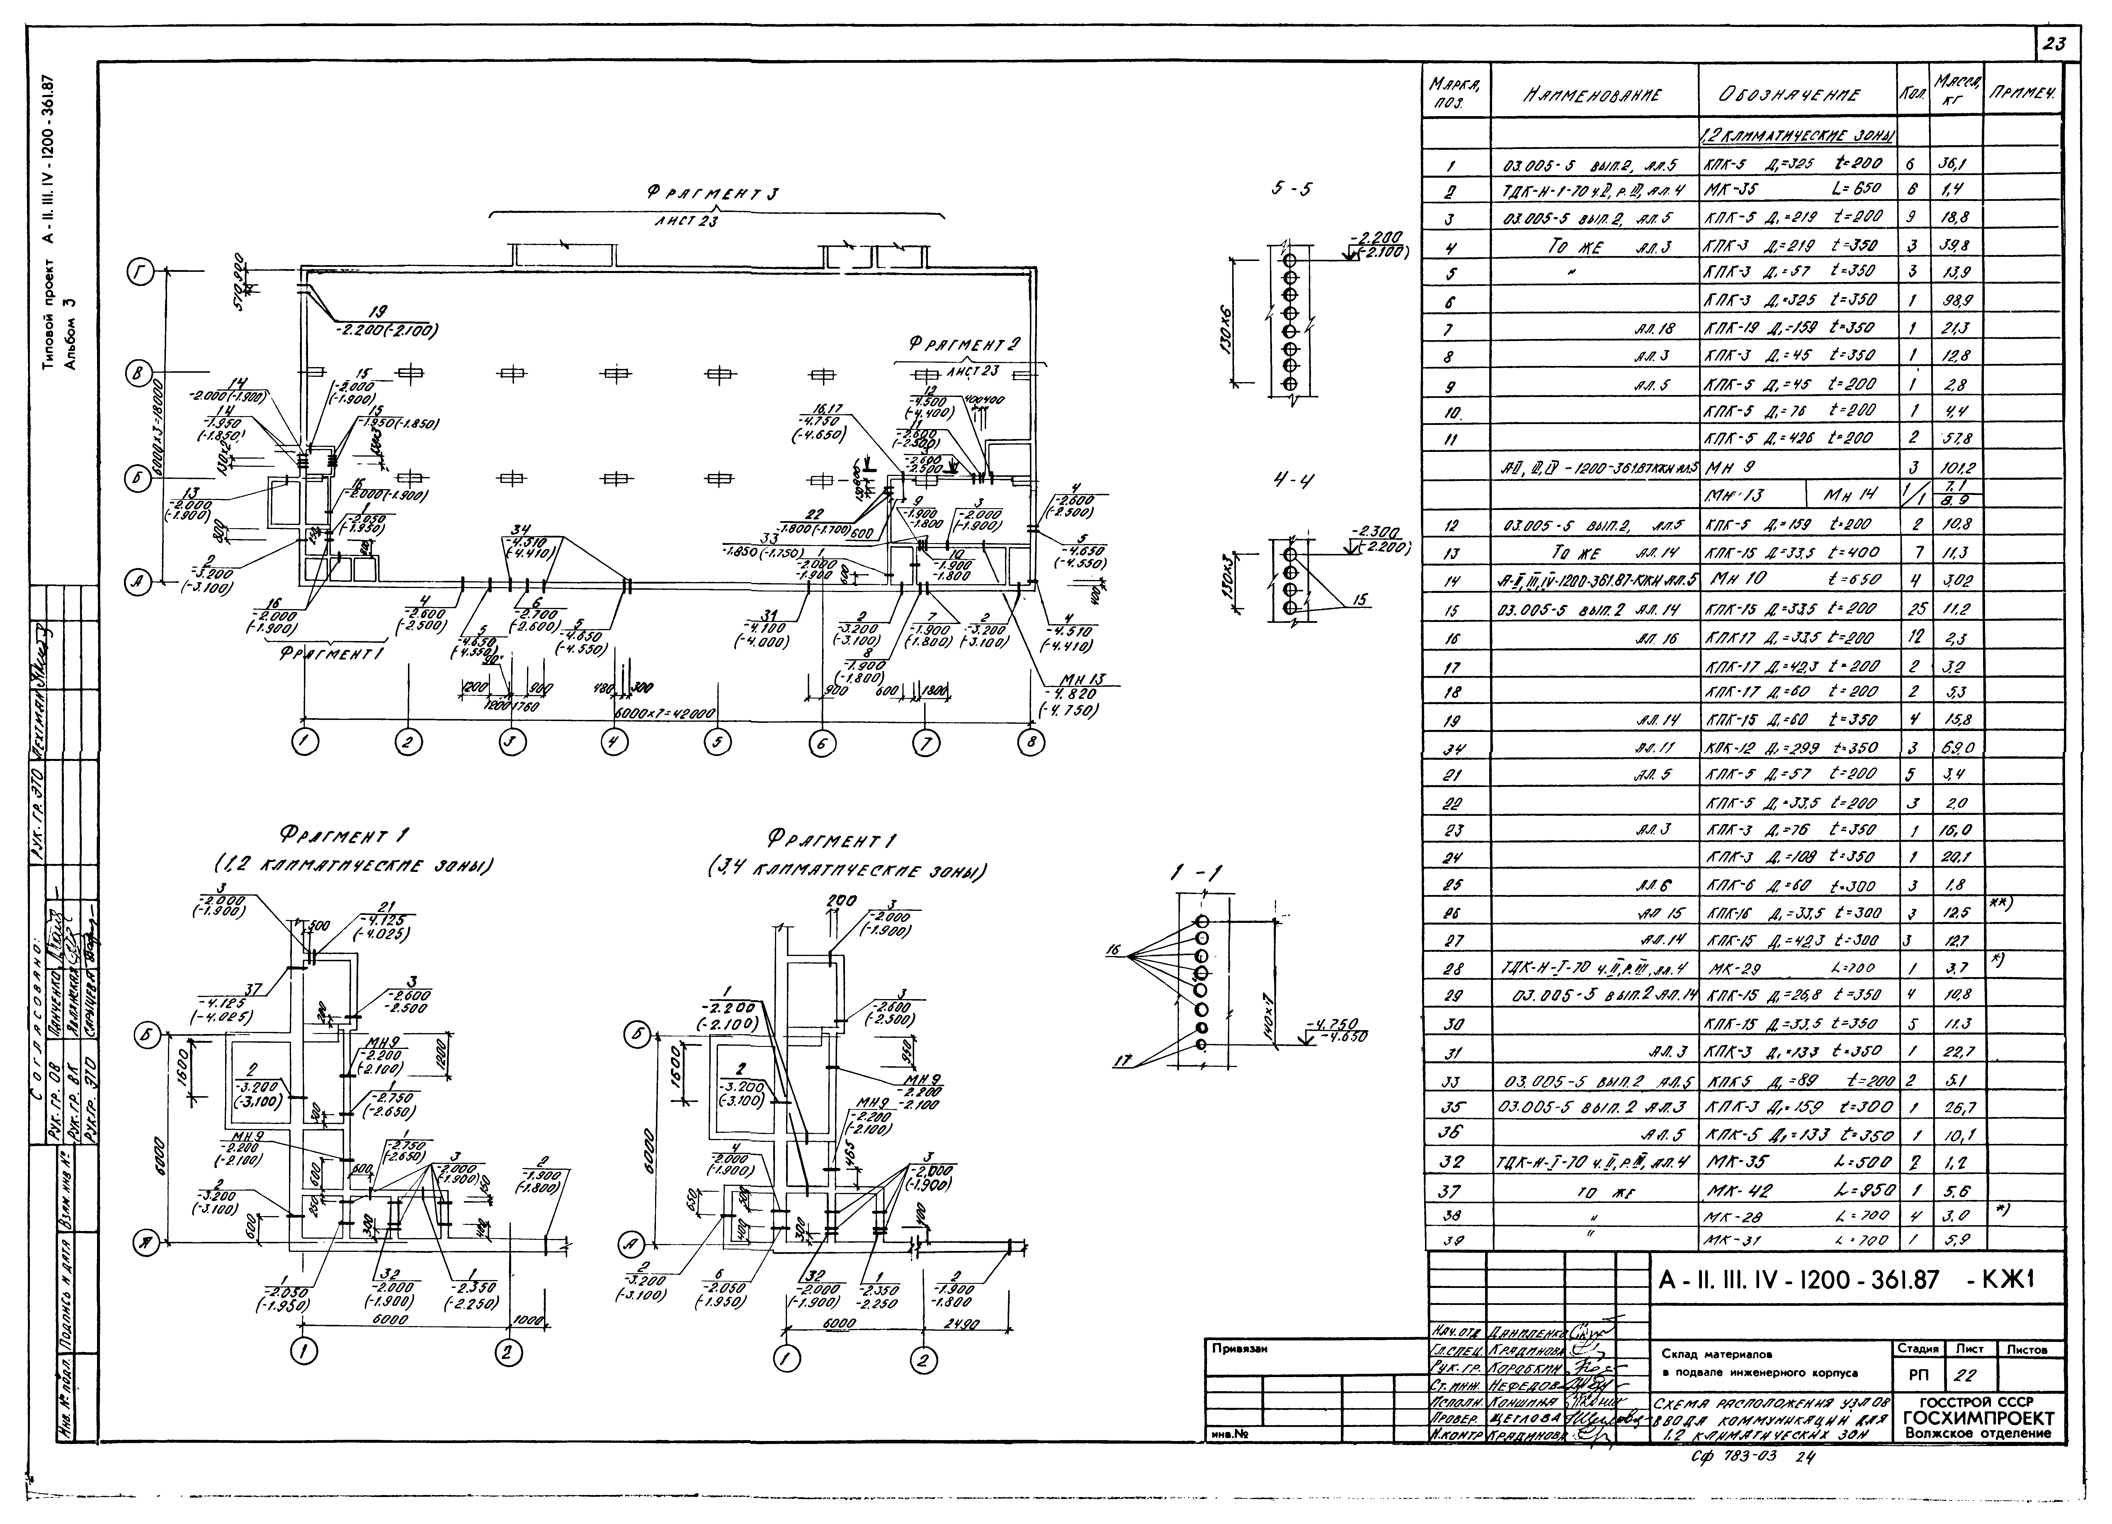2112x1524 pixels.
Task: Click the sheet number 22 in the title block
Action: point(1966,1374)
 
